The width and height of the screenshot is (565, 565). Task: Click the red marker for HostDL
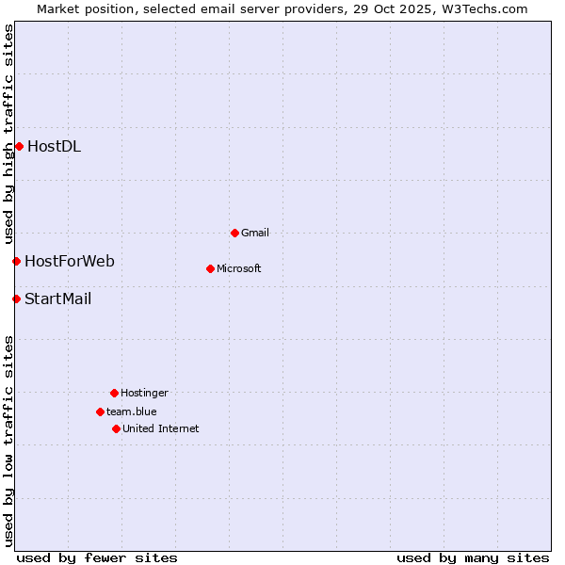point(19,146)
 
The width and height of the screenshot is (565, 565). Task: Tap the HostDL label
point(54,146)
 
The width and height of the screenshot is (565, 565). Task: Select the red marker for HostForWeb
point(16,261)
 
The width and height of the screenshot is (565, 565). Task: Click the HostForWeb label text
point(70,261)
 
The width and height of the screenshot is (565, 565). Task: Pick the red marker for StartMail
point(16,299)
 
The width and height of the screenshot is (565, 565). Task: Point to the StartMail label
point(58,299)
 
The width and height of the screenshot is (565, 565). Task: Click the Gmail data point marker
point(234,233)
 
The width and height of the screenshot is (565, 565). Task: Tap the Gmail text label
point(255,233)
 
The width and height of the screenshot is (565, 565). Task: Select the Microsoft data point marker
point(210,268)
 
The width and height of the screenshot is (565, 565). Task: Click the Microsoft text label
point(239,268)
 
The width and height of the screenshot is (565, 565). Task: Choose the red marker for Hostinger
point(114,393)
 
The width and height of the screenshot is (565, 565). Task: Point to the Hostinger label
point(144,393)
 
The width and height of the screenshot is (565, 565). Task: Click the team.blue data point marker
point(100,412)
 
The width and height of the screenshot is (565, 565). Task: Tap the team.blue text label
point(132,412)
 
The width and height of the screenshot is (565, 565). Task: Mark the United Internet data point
point(116,428)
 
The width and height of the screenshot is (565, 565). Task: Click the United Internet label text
point(161,428)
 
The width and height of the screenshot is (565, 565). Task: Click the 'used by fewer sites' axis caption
point(97,557)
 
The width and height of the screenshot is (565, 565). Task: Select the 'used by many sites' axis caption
point(473,557)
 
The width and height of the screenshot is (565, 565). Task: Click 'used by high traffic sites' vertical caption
point(8,132)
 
